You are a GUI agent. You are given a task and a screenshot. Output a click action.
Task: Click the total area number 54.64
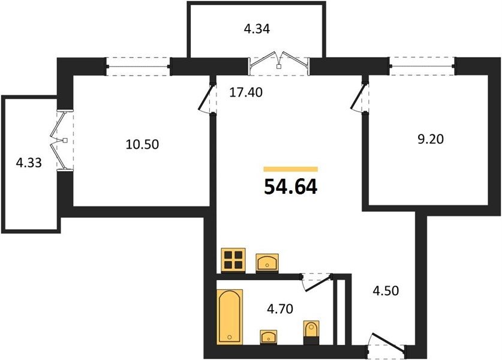[x=291, y=187]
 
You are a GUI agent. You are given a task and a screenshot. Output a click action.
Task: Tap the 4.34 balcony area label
[x=257, y=29]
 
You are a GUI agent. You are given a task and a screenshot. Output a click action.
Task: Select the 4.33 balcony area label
[x=29, y=163]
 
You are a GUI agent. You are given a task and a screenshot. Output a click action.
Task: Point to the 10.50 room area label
[x=142, y=145]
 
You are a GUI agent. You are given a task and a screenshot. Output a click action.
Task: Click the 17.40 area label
[x=246, y=92]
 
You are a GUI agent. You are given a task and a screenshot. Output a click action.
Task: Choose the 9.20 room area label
[x=431, y=139]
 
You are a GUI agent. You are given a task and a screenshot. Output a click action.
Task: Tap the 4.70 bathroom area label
[x=280, y=309]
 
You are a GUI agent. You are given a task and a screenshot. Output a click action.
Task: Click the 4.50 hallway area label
[x=386, y=291]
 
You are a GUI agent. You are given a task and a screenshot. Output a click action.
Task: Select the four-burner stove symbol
[x=233, y=260]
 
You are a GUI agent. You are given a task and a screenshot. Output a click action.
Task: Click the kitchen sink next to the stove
[x=267, y=263]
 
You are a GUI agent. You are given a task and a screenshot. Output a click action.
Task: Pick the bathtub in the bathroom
[x=230, y=317]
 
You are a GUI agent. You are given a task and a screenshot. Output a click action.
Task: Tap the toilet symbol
[x=311, y=332]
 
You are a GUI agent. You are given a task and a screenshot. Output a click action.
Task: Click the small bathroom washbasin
[x=269, y=337]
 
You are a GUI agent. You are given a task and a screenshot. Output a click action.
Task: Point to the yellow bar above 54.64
[x=291, y=169]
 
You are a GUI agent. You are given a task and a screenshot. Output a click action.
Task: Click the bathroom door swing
[x=317, y=282]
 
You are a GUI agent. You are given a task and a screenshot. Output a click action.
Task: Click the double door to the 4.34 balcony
[x=279, y=63]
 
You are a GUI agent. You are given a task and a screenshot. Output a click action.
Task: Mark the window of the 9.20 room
[x=423, y=66]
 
